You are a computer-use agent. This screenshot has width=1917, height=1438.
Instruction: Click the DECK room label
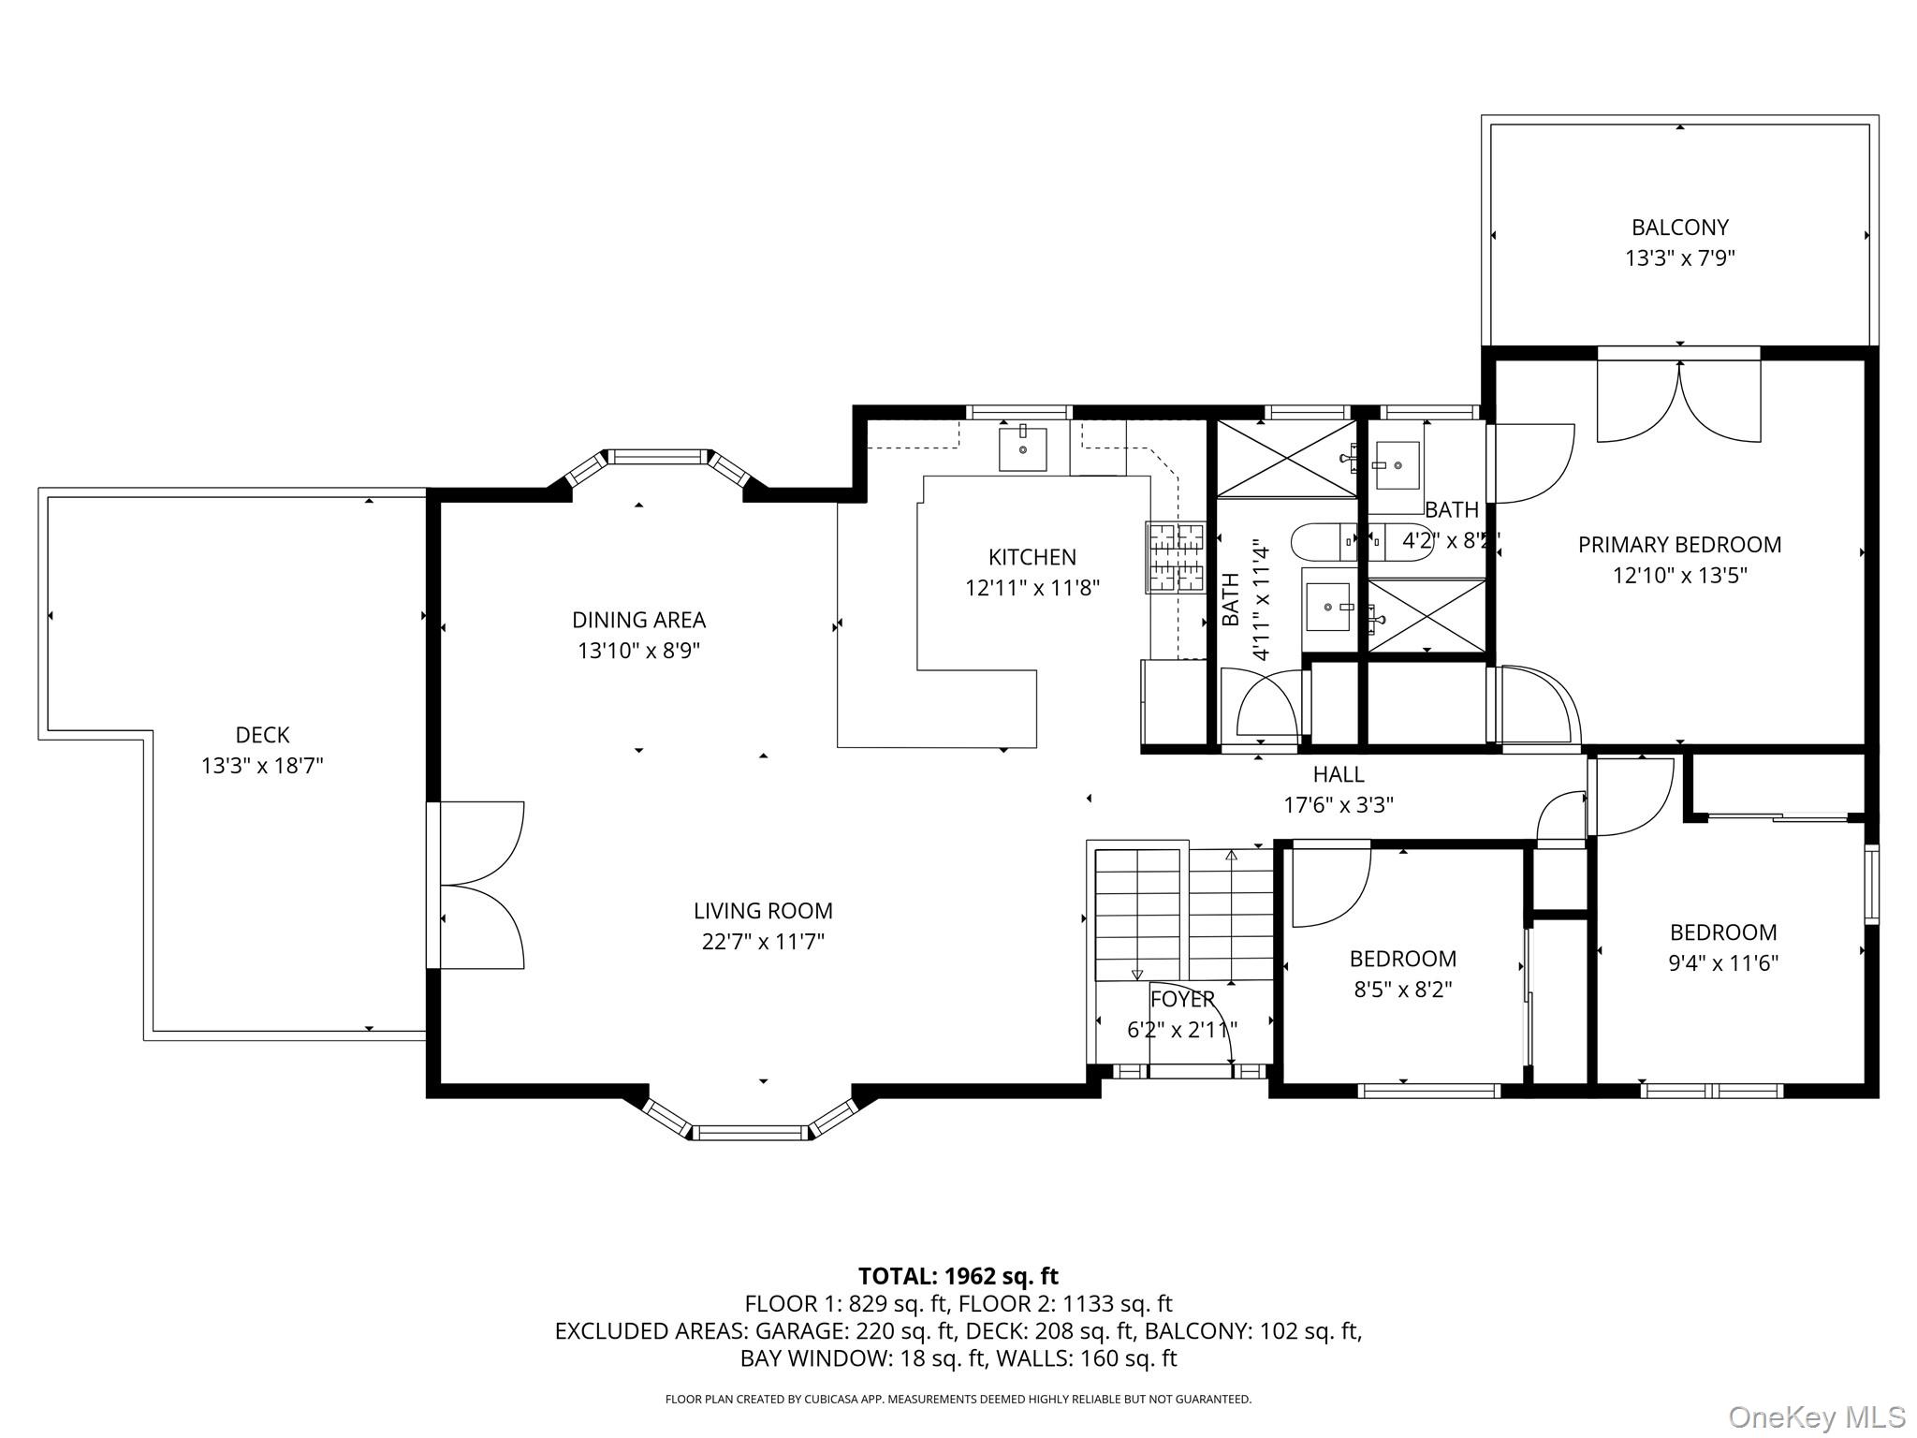262,735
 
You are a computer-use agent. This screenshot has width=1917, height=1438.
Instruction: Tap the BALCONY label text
1680,227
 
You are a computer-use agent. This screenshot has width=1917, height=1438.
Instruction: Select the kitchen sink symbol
1022,448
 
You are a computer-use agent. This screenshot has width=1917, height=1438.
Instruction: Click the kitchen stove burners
1176,558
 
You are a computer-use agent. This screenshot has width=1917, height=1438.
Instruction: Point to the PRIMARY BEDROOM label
1680,545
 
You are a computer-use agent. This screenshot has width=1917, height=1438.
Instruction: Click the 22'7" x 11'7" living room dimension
763,941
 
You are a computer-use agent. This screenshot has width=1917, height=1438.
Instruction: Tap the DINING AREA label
638,620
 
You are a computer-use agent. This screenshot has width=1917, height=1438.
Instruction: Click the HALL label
1339,774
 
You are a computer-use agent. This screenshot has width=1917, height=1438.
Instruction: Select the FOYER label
1182,999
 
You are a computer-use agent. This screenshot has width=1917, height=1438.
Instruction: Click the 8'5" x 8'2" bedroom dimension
1403,990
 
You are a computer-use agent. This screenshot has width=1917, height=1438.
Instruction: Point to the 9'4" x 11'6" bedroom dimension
1723,962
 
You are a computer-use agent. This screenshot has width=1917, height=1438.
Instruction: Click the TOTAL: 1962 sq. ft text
958,1276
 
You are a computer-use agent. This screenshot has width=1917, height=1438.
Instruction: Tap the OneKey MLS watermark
1816,1416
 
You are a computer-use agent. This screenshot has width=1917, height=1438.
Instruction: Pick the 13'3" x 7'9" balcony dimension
1680,258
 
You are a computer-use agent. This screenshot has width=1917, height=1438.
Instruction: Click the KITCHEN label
1032,557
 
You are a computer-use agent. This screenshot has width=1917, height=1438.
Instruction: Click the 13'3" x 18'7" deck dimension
262,766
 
